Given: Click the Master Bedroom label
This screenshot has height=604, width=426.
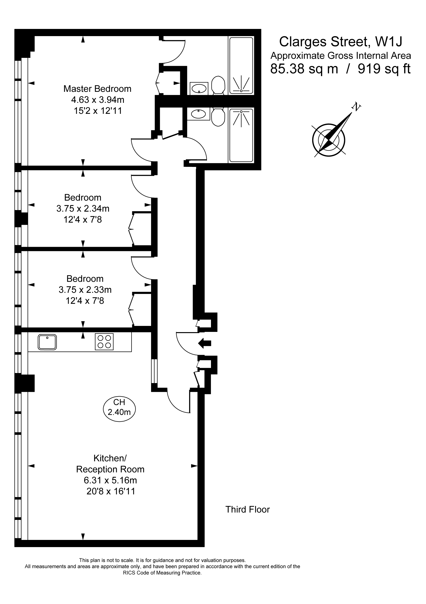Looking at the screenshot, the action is coord(97,89).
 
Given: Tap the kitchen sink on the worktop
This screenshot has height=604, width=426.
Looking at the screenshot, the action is coord(47,342).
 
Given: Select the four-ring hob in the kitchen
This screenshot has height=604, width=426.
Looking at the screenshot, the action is coord(104,342).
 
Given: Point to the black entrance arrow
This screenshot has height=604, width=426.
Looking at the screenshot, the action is coord(204,343).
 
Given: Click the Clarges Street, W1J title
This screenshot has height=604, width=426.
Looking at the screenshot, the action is coord(341,42).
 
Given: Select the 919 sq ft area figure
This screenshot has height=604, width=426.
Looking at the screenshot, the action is coord(384,69).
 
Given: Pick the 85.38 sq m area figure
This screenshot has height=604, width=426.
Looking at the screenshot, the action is coord(304,69).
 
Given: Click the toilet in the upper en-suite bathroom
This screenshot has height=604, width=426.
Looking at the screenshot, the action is coord(218,85).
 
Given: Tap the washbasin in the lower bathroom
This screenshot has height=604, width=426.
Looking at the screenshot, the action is coord(199,114).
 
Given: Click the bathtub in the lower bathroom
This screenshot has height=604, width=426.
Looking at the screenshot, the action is coord(241,136).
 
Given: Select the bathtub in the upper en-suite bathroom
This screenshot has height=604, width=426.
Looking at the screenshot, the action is coord(241,66).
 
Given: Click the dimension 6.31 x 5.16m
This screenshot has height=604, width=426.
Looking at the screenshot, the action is coord(110,480).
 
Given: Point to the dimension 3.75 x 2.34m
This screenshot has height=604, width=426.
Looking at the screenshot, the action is coord(83,208).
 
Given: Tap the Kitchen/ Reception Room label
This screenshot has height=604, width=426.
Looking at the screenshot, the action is coord(110,464).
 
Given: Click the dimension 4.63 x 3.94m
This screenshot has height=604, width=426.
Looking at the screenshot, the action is coord(98,100).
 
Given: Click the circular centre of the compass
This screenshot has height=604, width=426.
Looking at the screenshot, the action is coord(329,140).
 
